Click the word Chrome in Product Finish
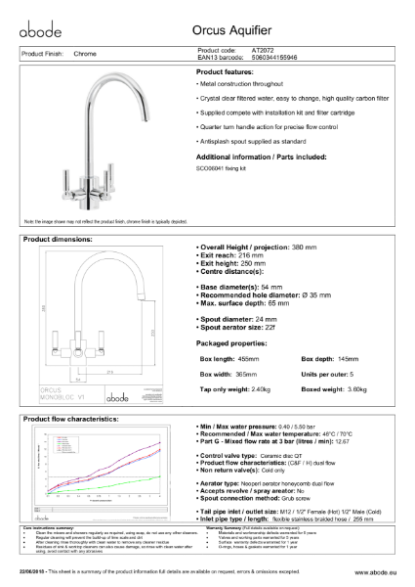pos(85,54)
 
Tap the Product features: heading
pos(231,73)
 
